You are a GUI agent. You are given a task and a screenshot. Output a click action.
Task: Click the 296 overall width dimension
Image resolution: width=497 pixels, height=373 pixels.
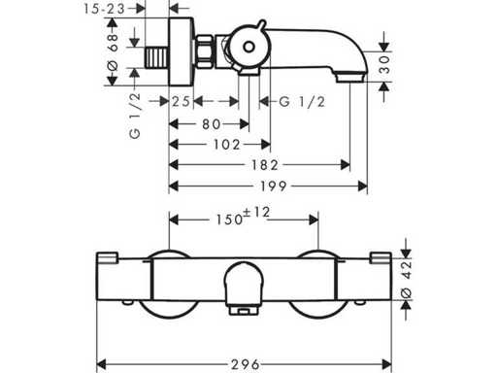[246, 365]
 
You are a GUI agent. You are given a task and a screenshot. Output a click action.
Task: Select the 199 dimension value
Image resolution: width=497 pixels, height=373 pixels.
[274, 186]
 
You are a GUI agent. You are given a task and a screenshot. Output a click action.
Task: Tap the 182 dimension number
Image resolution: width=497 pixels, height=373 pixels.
[265, 165]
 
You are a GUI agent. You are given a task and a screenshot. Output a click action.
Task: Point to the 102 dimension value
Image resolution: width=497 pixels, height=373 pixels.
[226, 145]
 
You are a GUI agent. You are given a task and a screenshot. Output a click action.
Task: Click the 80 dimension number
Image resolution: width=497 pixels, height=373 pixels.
[212, 124]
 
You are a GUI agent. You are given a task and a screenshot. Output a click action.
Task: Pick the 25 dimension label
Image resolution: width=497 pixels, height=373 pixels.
[181, 102]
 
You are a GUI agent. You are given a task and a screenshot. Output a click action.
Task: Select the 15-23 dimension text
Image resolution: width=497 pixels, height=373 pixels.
[104, 9]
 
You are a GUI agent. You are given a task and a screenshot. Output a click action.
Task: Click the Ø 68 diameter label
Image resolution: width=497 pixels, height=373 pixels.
[113, 51]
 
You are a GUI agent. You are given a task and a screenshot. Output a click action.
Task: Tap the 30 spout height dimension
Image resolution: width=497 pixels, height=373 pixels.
[384, 64]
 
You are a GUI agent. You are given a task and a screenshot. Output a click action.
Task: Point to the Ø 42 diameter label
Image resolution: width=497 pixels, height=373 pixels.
[407, 279]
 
